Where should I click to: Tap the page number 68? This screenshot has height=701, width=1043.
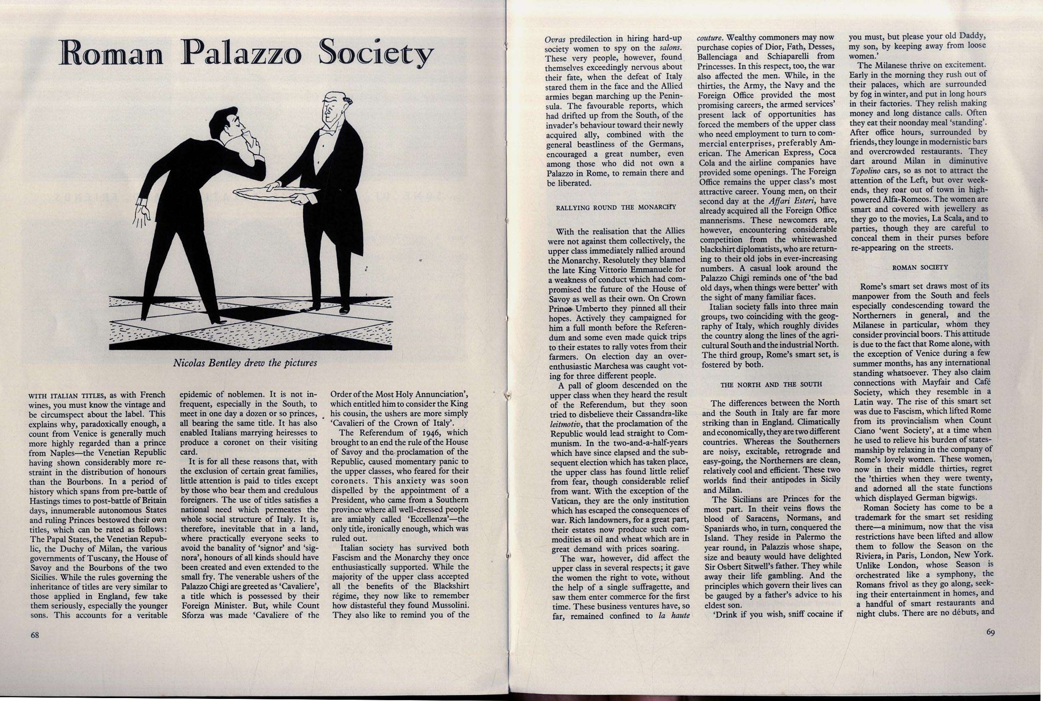point(35,635)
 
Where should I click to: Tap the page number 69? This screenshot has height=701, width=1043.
point(990,632)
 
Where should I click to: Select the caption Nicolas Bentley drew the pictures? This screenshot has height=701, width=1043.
point(245,363)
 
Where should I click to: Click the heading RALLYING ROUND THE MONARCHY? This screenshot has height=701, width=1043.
point(616,207)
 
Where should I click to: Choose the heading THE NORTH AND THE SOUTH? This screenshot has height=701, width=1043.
point(771,384)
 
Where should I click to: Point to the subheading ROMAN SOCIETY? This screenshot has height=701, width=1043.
point(920,268)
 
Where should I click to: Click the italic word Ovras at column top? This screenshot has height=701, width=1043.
point(555,38)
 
